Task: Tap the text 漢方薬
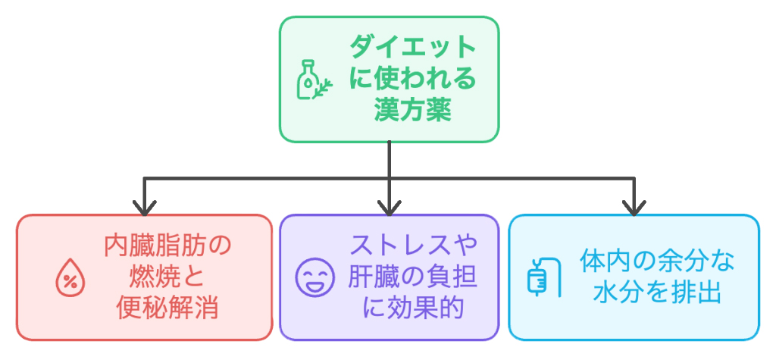click(412, 111)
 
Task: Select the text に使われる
click(413, 80)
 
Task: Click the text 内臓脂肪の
click(167, 246)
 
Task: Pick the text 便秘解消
click(167, 309)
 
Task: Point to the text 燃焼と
click(167, 277)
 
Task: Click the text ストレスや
click(413, 246)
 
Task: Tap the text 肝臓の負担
click(413, 277)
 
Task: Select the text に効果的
click(412, 309)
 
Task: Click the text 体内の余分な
click(657, 262)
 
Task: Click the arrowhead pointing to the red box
click(144, 207)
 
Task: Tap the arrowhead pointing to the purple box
click(388, 207)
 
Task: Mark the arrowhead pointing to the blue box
click(633, 207)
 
